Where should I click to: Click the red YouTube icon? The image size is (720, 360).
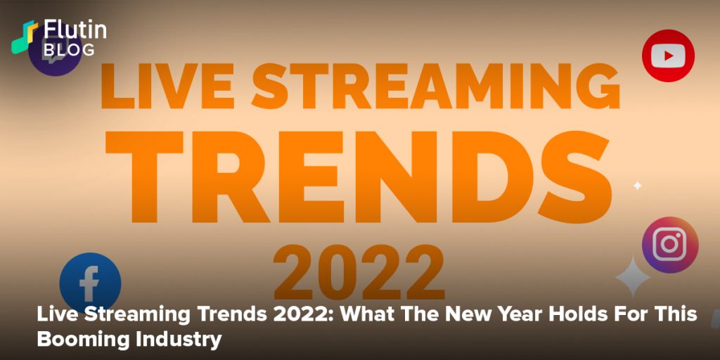[668, 56]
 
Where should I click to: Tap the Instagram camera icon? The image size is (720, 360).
[670, 245]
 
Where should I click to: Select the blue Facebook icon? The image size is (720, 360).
[90, 283]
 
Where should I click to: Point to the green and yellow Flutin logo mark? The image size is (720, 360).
[25, 37]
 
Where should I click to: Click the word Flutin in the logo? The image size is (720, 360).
[75, 30]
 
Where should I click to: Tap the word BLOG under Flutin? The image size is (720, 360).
[69, 49]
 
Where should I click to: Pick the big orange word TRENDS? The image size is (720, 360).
[359, 176]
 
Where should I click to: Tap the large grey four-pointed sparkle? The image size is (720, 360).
[633, 277]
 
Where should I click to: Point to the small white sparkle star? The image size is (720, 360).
[637, 186]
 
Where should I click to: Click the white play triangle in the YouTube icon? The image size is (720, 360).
[669, 56]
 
